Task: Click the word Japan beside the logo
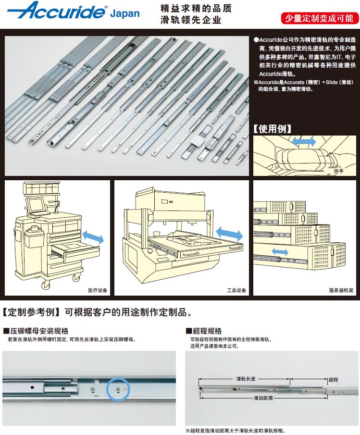[x=124, y=13]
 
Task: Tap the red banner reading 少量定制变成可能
[x=319, y=18]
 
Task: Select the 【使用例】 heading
[x=273, y=129]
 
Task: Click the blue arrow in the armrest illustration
[x=305, y=142]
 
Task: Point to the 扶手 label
[x=339, y=171]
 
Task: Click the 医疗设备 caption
[x=98, y=290]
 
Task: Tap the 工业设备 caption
[x=236, y=290]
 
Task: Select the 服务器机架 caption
[x=341, y=290]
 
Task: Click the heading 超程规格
[x=204, y=331]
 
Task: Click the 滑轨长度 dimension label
[x=246, y=378]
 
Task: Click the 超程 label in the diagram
[x=333, y=380]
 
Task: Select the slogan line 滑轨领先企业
[x=191, y=20]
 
